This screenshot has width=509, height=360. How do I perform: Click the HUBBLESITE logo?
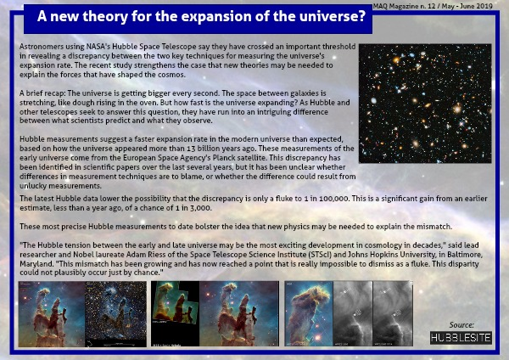(461, 338)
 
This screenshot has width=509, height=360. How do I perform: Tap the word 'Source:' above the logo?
(461, 325)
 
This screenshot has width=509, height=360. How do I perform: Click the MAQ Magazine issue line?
(433, 6)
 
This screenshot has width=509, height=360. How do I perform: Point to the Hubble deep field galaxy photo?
(425, 104)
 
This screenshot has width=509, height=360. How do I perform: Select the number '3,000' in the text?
(201, 208)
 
